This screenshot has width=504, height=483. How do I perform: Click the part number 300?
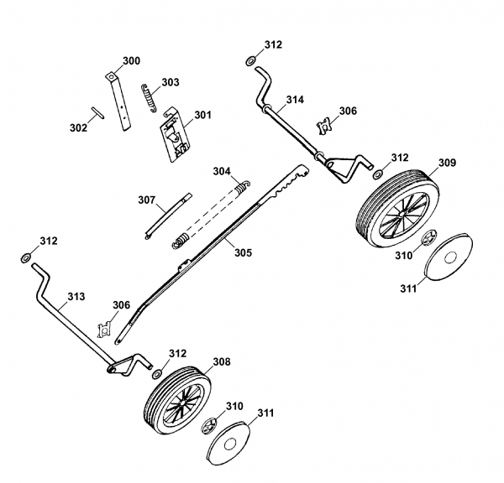(131, 60)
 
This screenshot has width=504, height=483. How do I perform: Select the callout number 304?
(221, 171)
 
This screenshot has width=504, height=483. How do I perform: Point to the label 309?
(447, 163)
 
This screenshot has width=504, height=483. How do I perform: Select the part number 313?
(76, 296)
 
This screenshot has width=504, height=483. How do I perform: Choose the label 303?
(170, 82)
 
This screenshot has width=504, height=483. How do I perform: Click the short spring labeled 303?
(149, 95)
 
